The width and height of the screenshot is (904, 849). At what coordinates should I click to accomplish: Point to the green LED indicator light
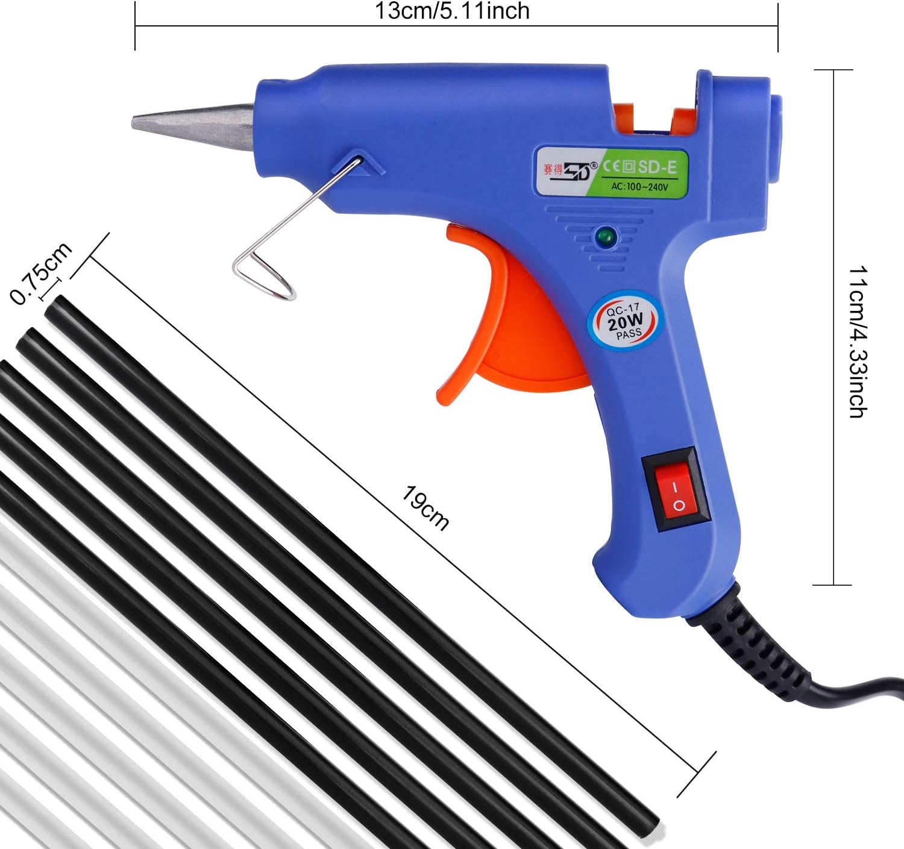tap(605, 236)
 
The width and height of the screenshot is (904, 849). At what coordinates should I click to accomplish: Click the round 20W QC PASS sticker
tap(624, 321)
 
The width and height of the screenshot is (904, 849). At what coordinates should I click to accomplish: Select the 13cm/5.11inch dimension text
tap(452, 11)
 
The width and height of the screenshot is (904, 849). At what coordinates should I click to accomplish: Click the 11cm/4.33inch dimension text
tap(858, 341)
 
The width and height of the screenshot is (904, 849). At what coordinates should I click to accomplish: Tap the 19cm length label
tap(425, 508)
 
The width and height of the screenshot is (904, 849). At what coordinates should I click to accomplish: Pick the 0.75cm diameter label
tap(40, 273)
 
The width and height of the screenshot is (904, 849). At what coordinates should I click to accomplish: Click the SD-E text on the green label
tap(657, 167)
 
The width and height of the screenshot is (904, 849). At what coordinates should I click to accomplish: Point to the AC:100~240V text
tap(639, 187)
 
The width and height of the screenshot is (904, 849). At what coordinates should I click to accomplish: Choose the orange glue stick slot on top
tap(657, 118)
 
